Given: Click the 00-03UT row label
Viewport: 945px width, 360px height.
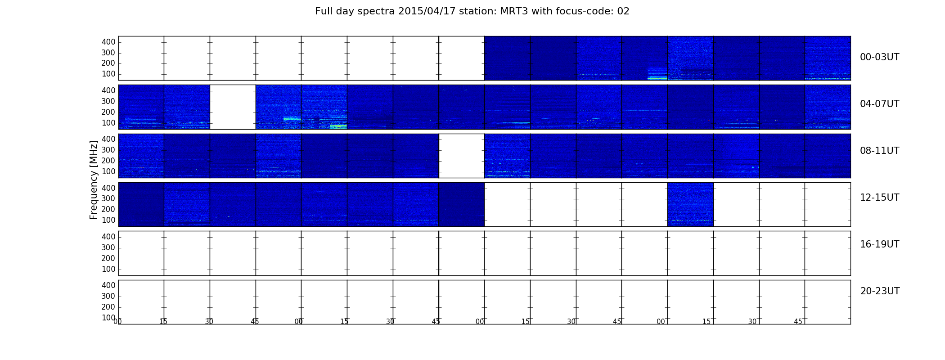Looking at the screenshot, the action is coord(879,57).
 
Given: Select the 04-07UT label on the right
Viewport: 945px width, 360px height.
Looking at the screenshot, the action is coord(879,104).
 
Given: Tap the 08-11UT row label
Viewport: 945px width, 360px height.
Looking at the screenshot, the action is coord(879,151).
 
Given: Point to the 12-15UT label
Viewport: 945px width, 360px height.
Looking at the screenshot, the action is coord(879,198).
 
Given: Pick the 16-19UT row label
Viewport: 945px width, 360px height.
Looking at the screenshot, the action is coord(879,244).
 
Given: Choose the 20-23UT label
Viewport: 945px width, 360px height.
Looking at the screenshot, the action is coord(880,291).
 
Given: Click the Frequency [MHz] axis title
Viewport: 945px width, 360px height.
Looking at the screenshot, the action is coord(94,180).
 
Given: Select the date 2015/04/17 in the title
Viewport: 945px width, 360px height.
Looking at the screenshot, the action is coord(427,11).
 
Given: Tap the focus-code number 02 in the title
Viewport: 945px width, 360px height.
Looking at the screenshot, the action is coord(623,11).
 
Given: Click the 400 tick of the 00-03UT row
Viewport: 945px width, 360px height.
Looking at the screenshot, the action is coord(108,42).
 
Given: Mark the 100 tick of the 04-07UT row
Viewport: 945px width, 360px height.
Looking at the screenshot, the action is coord(108,123).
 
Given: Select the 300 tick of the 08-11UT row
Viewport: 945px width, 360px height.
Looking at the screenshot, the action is coord(108,150).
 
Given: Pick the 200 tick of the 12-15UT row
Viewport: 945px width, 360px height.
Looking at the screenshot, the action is coord(108,209).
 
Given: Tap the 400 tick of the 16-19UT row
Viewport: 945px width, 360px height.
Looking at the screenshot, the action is coord(108,237).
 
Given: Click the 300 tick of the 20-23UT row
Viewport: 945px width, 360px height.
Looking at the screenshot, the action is coord(108,296).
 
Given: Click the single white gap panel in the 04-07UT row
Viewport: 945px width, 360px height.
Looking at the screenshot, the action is coord(233,107).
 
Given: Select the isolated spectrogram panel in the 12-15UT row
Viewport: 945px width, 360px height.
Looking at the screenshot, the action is coord(690,204).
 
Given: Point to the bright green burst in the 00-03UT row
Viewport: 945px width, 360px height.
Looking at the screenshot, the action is coord(657,77).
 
